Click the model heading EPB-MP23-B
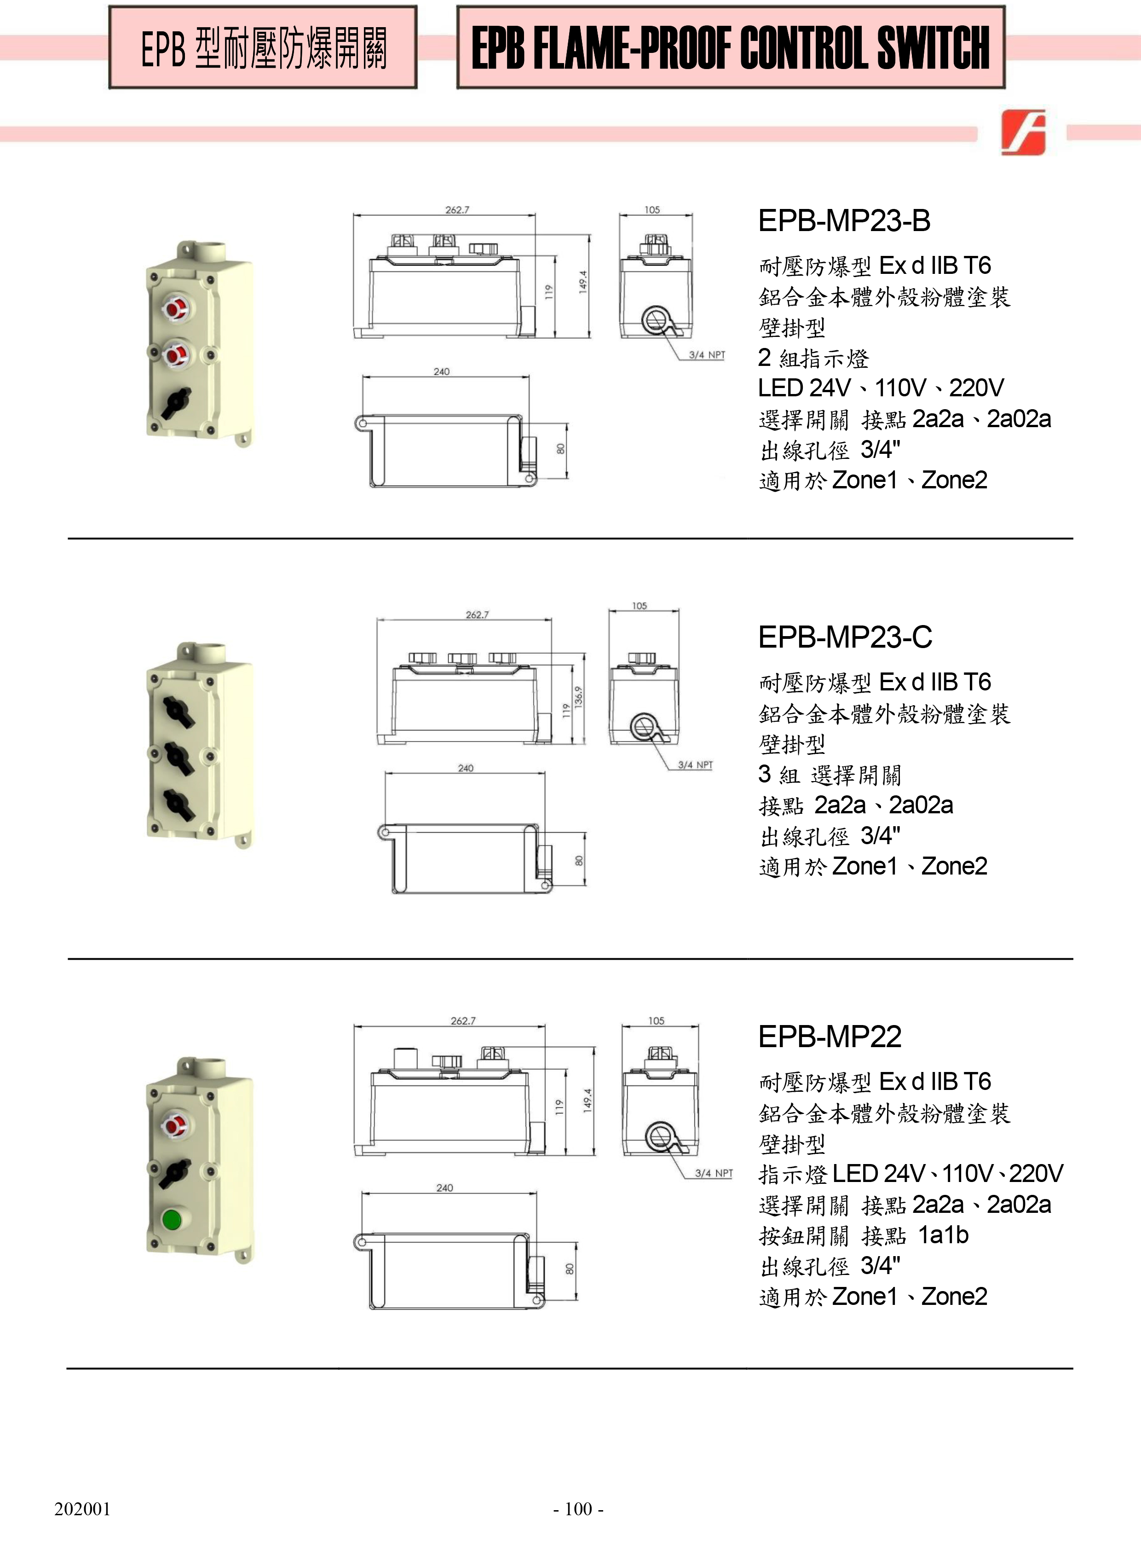844,221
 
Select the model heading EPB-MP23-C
845,637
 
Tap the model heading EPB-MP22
830,1037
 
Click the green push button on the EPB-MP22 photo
171,1219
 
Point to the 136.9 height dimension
579,696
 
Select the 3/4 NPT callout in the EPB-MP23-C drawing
695,765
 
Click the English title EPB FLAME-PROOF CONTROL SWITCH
730,48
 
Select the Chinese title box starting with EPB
263,48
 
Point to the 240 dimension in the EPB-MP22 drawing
445,1187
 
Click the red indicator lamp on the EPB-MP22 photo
174,1124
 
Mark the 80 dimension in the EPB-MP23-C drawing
579,861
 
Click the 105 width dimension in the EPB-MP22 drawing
656,1020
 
